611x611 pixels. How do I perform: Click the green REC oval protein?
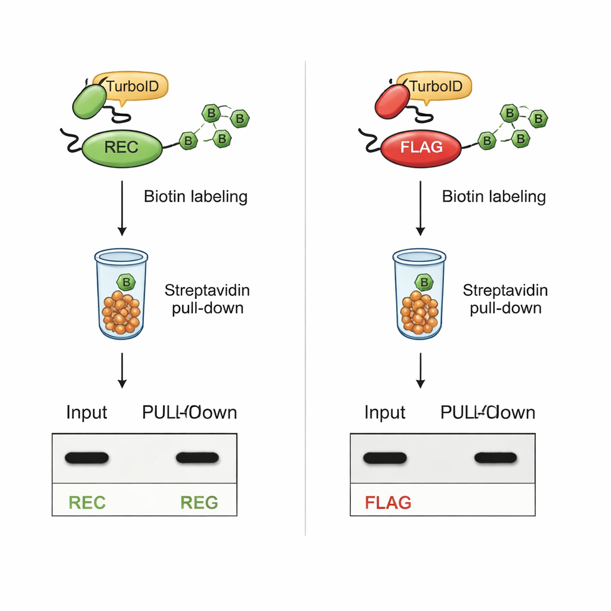[122, 147]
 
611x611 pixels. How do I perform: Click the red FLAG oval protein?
[422, 147]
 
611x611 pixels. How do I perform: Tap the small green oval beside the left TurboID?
[90, 101]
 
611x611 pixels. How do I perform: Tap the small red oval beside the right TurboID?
[392, 101]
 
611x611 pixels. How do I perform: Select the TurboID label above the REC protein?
[132, 87]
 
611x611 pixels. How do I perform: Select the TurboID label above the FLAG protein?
[436, 87]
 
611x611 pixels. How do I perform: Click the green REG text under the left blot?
[199, 502]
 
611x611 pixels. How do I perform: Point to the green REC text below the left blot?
[87, 502]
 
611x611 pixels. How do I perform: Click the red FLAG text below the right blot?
[388, 502]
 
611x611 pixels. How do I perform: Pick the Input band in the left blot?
[87, 458]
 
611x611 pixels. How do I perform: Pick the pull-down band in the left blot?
[198, 458]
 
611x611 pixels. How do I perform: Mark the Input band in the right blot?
[385, 458]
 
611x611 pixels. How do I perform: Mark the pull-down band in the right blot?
[495, 458]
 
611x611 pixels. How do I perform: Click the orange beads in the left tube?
[121, 312]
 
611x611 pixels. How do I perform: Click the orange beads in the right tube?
[419, 312]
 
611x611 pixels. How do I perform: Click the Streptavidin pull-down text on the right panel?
[505, 300]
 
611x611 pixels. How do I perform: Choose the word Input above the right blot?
[385, 412]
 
